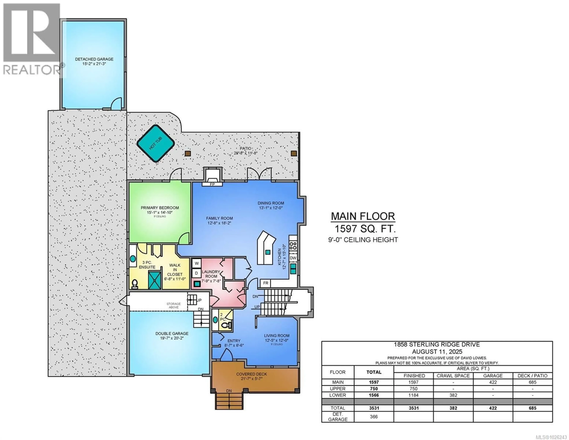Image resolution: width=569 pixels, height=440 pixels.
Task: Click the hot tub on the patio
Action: pos(156,143)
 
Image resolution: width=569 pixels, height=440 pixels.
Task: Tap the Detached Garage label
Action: pos(94,59)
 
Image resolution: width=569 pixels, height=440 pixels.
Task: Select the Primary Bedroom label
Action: pos(160,208)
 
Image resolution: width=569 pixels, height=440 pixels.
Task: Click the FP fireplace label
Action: pos(212,184)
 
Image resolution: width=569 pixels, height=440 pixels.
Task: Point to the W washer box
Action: pos(197,263)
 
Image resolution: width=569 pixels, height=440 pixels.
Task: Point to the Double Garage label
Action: pos(172,334)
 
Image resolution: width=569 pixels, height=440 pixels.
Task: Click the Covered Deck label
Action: pos(251,374)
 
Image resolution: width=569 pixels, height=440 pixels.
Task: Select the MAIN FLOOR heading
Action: pos(363,216)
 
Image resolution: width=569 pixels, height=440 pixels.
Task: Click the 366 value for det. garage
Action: pos(374,417)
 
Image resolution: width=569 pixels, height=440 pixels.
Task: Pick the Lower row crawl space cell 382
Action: pos(453,395)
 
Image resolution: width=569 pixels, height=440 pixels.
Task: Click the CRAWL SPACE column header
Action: pos(453,376)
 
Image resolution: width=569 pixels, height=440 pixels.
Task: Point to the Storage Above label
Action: pos(174,305)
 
